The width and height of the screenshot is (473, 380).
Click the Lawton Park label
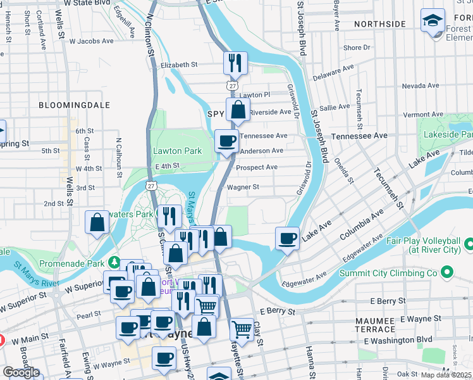(x=177, y=151)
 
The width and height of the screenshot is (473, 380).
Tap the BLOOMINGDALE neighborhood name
(x=74, y=105)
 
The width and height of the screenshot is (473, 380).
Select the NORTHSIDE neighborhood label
(x=379, y=24)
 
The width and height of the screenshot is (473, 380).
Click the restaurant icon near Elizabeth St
(x=235, y=63)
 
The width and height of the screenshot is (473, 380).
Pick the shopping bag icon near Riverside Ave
(x=237, y=110)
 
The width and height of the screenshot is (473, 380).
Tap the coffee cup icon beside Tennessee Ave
(x=226, y=141)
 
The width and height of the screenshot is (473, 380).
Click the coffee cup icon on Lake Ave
(x=287, y=238)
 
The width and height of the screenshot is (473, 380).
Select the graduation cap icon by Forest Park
(x=433, y=20)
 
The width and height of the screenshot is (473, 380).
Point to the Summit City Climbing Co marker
(x=447, y=273)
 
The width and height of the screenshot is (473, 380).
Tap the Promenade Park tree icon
(x=114, y=262)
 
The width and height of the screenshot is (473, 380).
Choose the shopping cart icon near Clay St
(x=242, y=329)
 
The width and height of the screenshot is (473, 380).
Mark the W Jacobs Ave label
(x=91, y=41)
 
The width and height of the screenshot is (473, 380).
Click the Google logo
(x=21, y=372)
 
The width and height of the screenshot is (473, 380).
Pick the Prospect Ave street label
(x=256, y=168)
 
